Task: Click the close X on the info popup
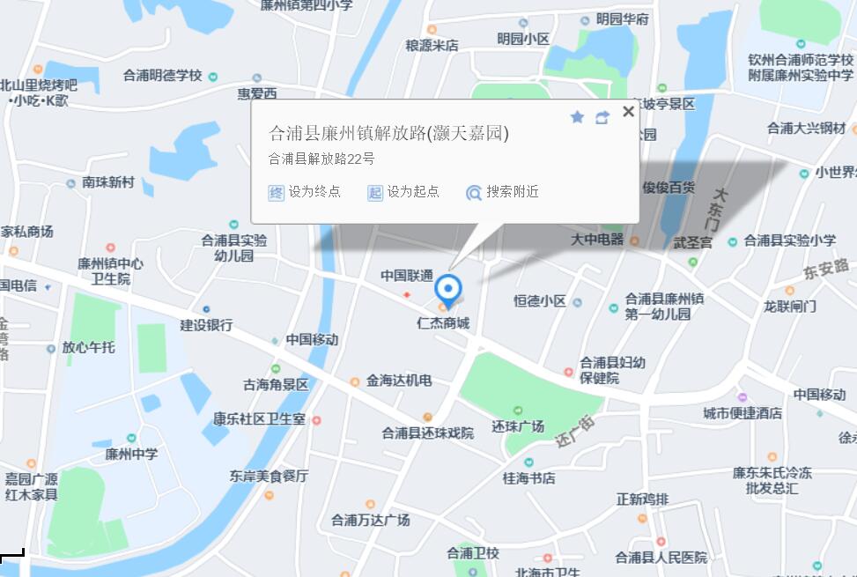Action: tap(628, 111)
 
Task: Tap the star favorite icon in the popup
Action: tap(577, 116)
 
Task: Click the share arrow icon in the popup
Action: tap(602, 117)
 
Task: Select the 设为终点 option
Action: tap(305, 192)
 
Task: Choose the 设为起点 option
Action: tap(403, 192)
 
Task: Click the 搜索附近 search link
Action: tap(503, 192)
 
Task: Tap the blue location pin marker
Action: tap(449, 289)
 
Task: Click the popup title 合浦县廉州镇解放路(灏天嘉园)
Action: tap(388, 134)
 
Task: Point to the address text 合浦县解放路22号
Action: tap(321, 159)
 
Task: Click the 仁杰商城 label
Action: tap(443, 323)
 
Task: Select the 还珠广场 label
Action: tap(518, 426)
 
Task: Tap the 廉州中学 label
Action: tap(131, 454)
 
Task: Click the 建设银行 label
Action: tap(206, 325)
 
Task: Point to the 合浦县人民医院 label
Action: tap(661, 557)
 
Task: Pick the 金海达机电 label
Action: tap(398, 381)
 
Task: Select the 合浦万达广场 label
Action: tap(370, 520)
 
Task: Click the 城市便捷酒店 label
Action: tap(742, 412)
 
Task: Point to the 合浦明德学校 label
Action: tap(163, 76)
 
